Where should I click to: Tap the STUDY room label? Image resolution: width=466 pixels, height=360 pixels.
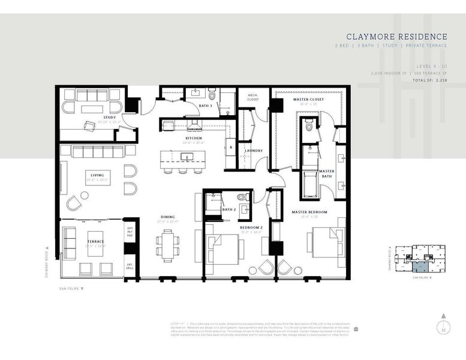pos(110,118)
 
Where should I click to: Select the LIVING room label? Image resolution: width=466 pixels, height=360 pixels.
pos(97,175)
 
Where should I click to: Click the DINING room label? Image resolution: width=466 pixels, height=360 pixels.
pos(168,217)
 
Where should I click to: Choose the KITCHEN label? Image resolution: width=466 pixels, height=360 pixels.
pos(193,138)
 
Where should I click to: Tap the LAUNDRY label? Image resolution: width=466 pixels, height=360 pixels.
pos(254,151)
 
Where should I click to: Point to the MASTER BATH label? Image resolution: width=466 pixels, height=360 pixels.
pos(326,173)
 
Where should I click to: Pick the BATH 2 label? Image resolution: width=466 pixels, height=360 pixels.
pos(229,209)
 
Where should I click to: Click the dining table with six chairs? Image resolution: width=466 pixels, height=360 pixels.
pos(167,245)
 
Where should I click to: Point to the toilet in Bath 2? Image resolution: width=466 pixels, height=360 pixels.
pos(242,197)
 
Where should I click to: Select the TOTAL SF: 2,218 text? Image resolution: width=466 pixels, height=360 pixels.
pos(428,80)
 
